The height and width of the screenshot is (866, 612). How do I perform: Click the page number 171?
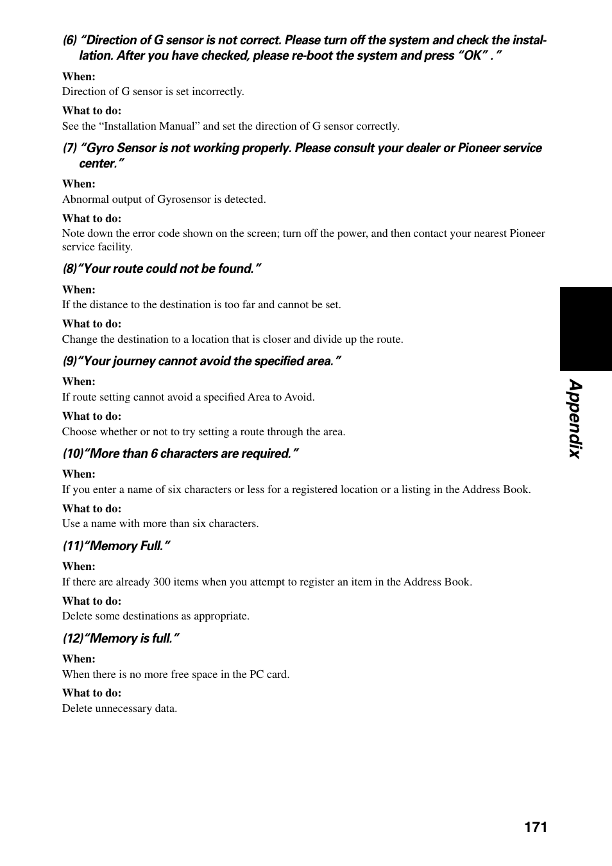point(535,827)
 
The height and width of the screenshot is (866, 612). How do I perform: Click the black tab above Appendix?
point(586,329)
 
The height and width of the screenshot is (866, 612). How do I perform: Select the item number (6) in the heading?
point(69,40)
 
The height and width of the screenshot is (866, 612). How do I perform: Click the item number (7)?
point(69,148)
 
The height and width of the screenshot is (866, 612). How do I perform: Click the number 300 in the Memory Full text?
point(162,582)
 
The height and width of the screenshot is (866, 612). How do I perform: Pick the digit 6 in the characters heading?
point(154,454)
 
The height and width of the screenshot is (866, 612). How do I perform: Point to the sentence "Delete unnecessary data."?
point(119,709)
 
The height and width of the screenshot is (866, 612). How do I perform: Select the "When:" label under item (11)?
point(78,567)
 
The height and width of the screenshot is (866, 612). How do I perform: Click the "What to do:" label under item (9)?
point(91,417)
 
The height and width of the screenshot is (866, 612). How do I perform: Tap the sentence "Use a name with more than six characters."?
point(160,524)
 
